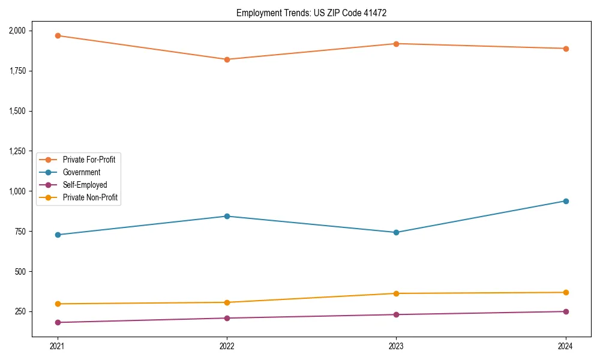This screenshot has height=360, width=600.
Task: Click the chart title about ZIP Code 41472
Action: [x=310, y=13]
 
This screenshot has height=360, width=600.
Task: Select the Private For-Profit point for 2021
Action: [x=58, y=35]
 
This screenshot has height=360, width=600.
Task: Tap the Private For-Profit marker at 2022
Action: [x=227, y=59]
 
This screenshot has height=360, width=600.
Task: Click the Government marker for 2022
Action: [x=227, y=216]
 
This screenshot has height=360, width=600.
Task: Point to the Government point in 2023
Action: [x=396, y=232]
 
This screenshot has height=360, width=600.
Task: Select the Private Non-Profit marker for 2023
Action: [x=396, y=293]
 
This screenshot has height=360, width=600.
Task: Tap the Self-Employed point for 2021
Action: [x=58, y=322]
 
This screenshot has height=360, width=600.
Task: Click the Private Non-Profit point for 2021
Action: [x=58, y=304]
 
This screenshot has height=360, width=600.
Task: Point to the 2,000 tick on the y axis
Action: [x=17, y=31]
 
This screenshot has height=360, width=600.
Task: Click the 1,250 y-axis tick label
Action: [x=17, y=151]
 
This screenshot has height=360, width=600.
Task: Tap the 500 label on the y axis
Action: [x=20, y=272]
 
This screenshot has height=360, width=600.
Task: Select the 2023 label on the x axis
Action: [x=396, y=346]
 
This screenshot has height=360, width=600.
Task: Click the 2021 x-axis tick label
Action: [x=58, y=346]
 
